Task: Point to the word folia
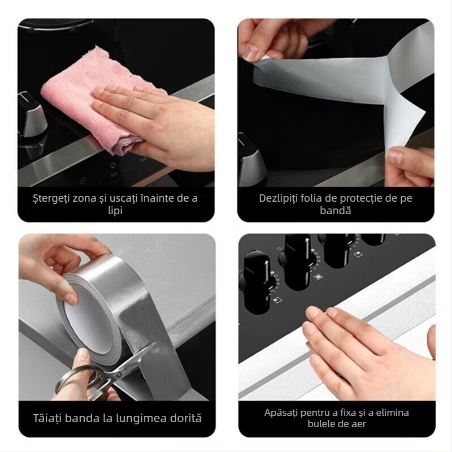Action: click(x=320, y=198)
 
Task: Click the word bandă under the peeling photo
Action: click(x=336, y=211)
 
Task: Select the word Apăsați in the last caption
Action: click(x=282, y=412)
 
